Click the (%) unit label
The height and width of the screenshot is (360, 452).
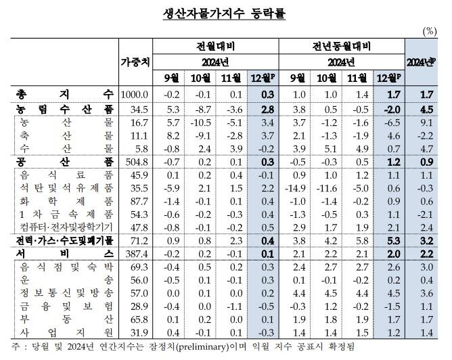[x=430, y=31]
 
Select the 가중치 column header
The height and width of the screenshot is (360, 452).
[x=135, y=62]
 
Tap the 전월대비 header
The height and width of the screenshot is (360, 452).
[x=215, y=47]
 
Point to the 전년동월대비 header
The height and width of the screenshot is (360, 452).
[x=342, y=47]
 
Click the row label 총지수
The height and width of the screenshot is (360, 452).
[x=66, y=93]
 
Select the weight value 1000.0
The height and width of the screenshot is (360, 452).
[x=135, y=93]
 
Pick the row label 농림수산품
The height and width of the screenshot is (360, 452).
[x=66, y=108]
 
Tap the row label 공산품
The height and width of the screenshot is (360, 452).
[x=66, y=161]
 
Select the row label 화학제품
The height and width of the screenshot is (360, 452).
[x=66, y=200]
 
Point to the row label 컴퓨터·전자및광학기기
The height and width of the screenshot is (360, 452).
[x=66, y=227]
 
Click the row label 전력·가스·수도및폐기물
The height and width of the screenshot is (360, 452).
[x=66, y=240]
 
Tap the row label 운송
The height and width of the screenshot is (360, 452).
[x=66, y=279]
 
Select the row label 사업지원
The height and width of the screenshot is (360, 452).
[x=66, y=332]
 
